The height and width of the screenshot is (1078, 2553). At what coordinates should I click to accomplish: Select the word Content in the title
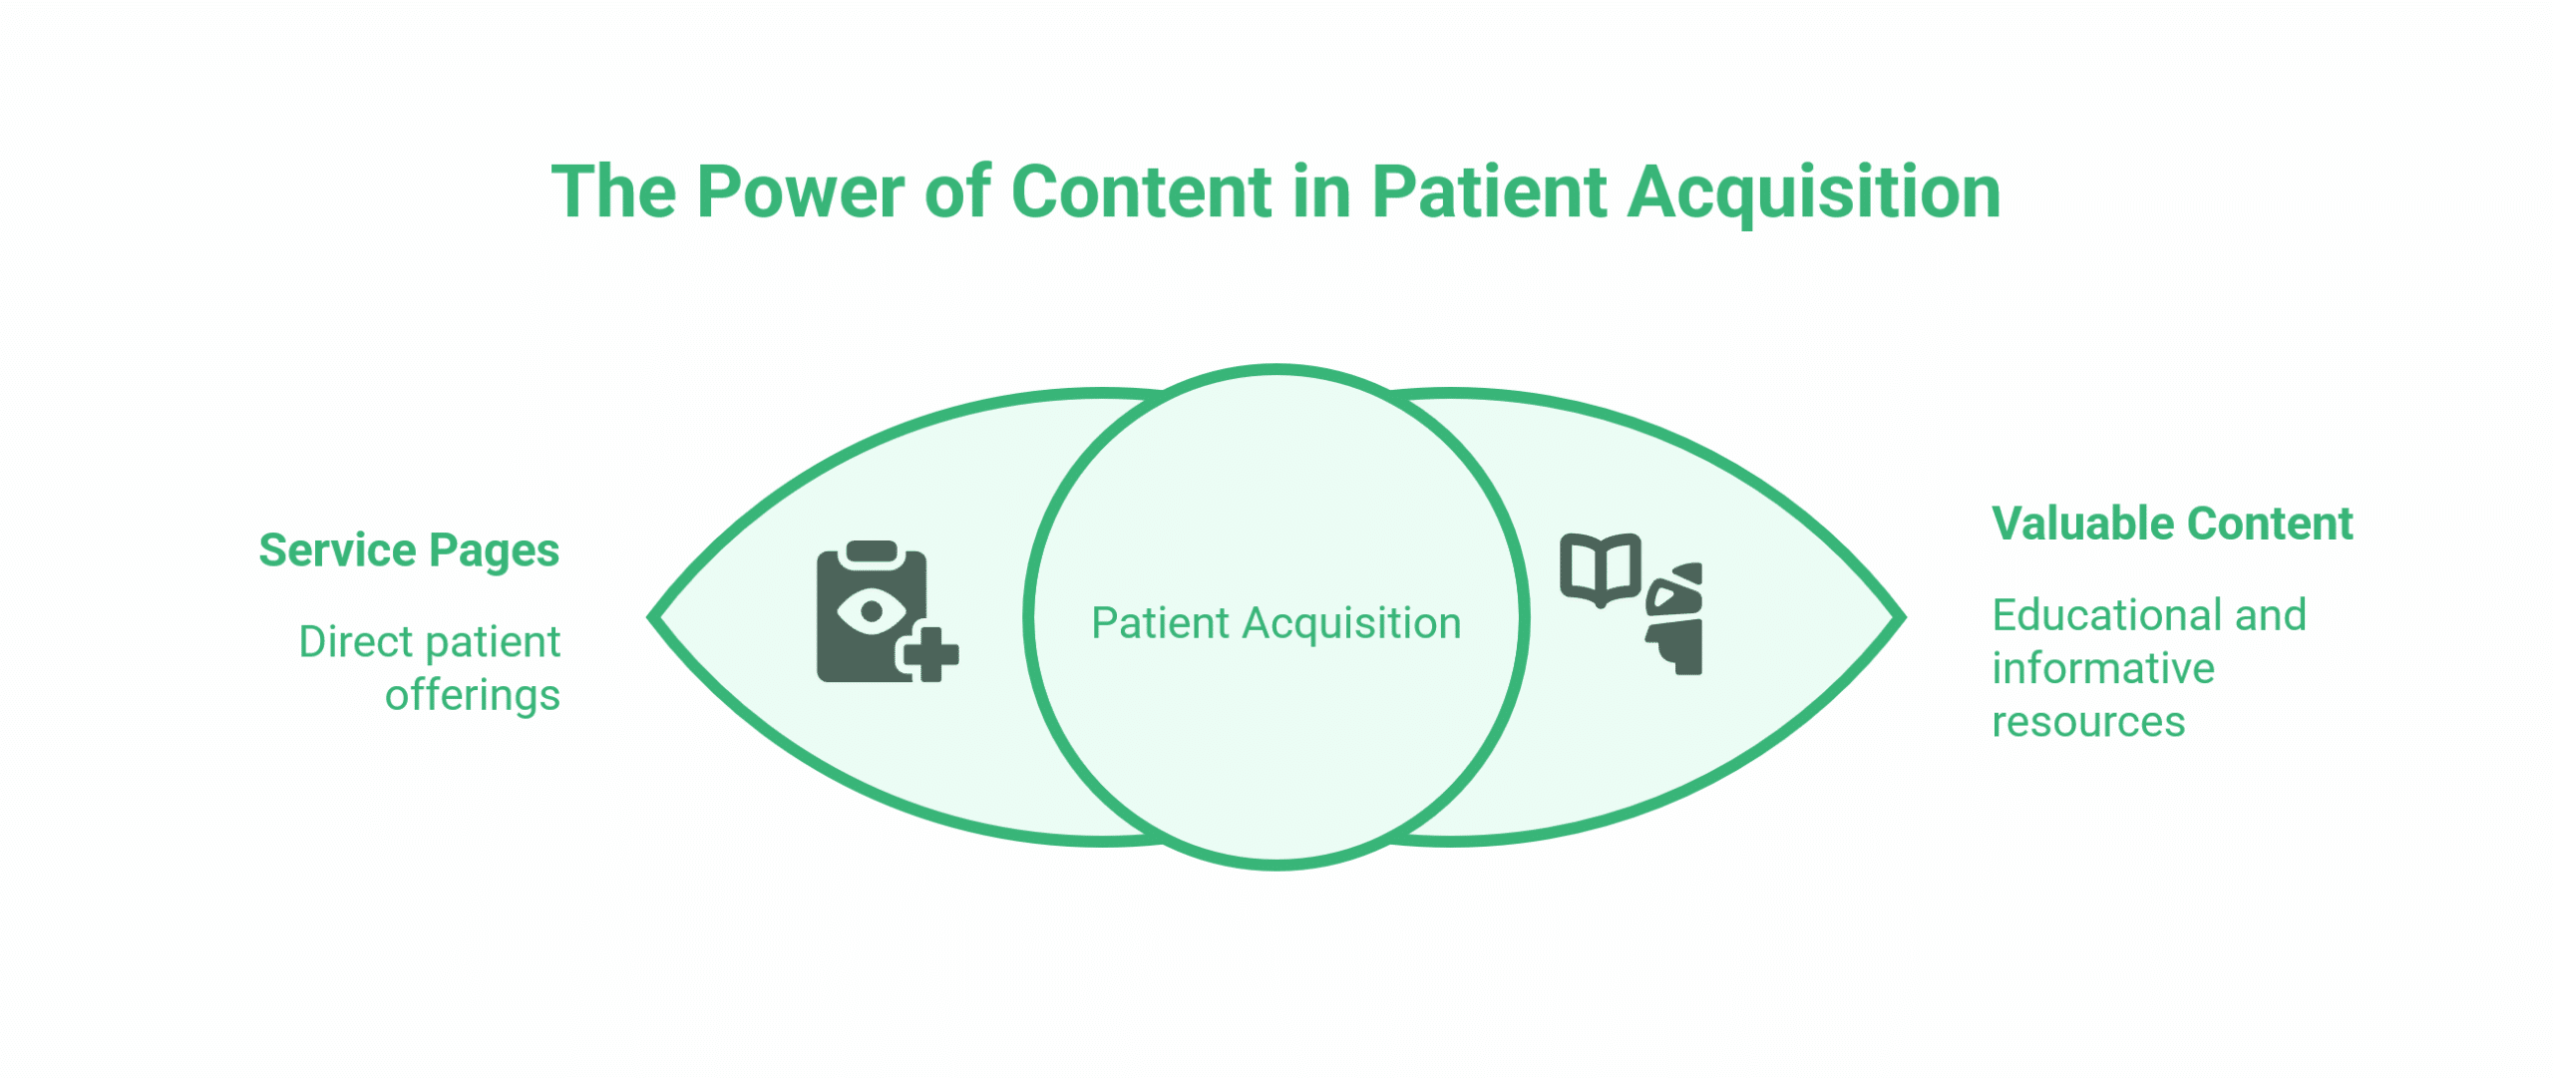1141,191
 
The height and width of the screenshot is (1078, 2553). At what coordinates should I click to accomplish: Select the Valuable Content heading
2172,524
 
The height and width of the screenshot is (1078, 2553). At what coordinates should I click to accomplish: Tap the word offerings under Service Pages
473,696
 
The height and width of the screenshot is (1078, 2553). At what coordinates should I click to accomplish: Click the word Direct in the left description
356,642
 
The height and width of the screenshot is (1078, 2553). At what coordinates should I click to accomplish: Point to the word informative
2103,668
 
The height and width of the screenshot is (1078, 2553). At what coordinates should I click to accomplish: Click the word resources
2088,722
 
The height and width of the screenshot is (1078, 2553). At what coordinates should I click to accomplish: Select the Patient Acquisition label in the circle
1276,624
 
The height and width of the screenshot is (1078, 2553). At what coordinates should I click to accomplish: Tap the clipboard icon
887,612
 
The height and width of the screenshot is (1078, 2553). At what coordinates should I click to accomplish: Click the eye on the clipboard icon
872,610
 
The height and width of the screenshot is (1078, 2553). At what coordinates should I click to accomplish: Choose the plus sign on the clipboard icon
927,654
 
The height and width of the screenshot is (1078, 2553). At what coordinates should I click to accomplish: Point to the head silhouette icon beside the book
1674,619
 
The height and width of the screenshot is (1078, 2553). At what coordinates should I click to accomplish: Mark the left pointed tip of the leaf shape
649,617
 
